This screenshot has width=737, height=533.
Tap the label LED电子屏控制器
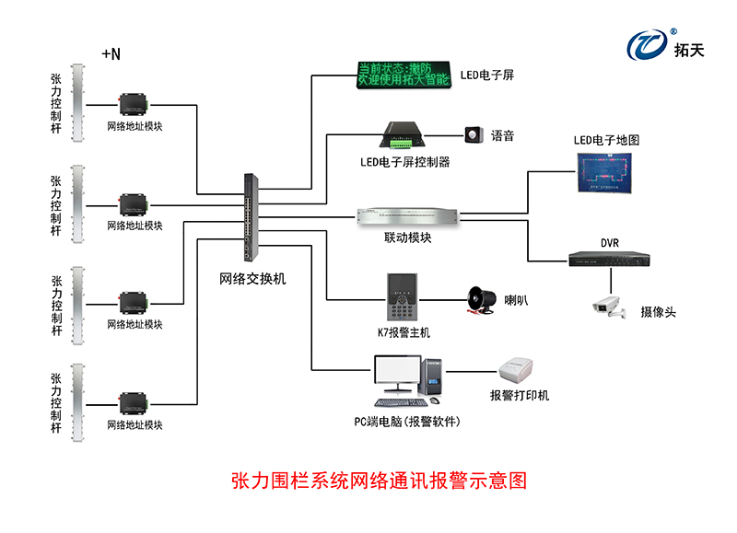click(x=404, y=161)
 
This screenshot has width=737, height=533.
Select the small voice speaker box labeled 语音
click(x=474, y=135)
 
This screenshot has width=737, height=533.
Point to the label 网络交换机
click(x=252, y=278)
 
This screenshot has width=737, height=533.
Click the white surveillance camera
click(x=609, y=307)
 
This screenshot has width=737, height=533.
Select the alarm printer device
click(x=519, y=373)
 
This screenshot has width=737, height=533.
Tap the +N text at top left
click(x=111, y=54)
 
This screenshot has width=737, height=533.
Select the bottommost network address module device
click(x=135, y=402)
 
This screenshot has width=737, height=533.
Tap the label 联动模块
click(x=407, y=238)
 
